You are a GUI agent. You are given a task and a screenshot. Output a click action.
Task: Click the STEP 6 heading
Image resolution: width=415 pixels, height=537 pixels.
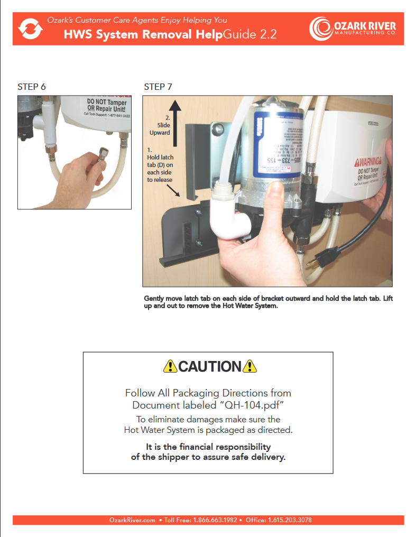click(32, 87)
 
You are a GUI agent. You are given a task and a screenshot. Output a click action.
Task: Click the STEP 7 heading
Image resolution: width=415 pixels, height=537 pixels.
click(158, 87)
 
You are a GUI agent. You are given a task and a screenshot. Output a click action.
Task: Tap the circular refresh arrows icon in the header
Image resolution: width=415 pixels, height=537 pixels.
click(31, 29)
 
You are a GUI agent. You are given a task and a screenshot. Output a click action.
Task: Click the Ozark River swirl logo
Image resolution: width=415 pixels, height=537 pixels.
click(321, 29)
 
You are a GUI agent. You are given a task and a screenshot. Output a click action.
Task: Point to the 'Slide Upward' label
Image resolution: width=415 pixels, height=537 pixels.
click(160, 129)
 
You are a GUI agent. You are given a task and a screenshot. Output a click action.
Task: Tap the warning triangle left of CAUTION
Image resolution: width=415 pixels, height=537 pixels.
click(170, 366)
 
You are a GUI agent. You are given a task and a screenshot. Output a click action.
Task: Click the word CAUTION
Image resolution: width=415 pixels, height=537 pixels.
click(209, 366)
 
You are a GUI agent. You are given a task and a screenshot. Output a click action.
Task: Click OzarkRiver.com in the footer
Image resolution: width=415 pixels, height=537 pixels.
click(132, 520)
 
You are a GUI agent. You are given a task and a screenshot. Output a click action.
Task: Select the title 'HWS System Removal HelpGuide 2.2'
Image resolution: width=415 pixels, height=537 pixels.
click(170, 35)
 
